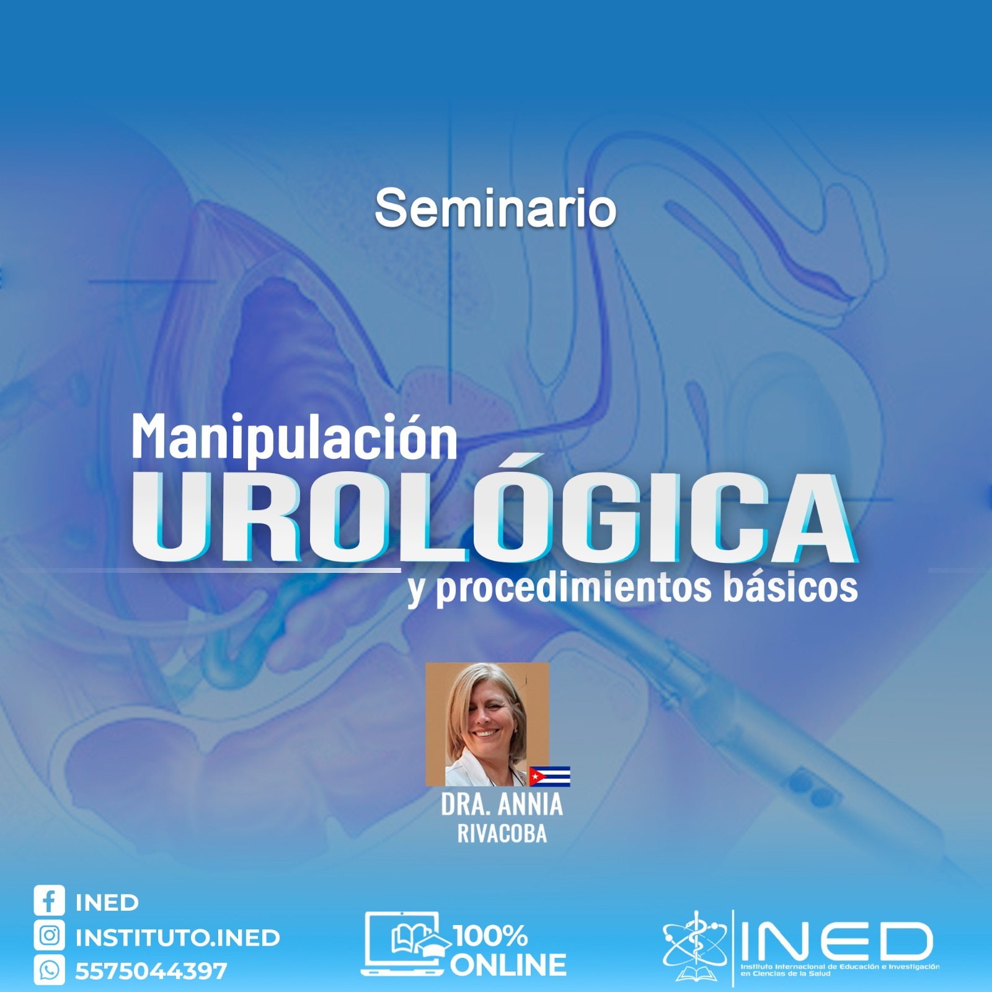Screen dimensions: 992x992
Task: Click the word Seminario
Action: [x=495, y=208]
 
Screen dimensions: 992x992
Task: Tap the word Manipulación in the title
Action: [x=294, y=436]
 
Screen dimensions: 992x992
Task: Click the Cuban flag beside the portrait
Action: [x=549, y=776]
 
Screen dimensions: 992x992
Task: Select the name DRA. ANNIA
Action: [x=502, y=805]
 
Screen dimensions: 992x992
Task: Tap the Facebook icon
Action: [x=50, y=901]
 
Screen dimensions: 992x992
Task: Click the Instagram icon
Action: [x=50, y=936]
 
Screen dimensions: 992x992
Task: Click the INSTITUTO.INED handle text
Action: [x=177, y=937]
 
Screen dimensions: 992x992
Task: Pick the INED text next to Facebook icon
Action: [x=107, y=903]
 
